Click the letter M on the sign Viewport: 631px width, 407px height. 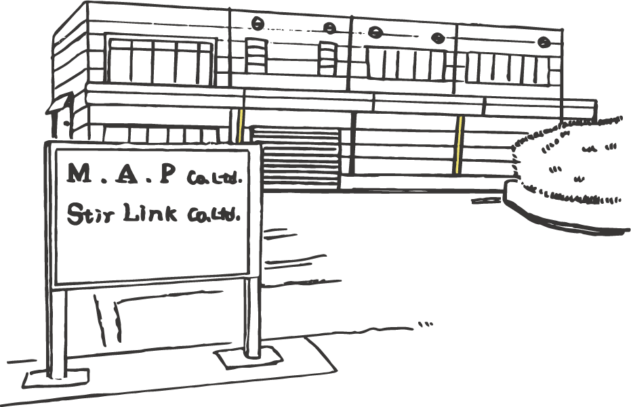(80, 174)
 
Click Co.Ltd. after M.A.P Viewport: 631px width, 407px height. (213, 179)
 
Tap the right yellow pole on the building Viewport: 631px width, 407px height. (460, 144)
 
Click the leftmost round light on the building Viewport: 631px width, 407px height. (258, 24)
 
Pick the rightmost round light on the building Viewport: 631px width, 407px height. (544, 42)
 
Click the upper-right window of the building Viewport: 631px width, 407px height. (507, 68)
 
